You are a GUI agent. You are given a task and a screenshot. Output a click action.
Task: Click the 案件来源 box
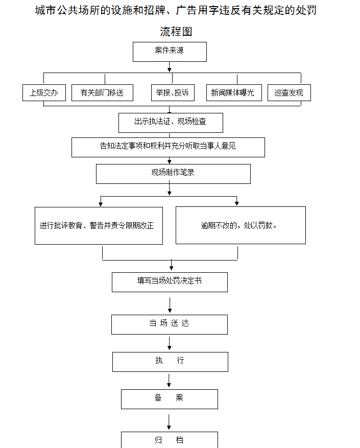pos(170,51)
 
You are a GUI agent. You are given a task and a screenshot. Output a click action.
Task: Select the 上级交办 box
pos(44,92)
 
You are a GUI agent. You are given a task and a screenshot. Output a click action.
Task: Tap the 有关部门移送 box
pos(102,92)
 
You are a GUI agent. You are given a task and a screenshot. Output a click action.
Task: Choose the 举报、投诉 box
pos(173,92)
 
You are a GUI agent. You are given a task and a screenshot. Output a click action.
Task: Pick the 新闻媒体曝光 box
pos(232,92)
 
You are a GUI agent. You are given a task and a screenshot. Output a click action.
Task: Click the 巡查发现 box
pos(289,92)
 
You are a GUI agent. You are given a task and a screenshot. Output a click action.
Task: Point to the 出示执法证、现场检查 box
pos(171,122)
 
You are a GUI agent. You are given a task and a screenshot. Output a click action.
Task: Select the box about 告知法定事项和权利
pos(168,147)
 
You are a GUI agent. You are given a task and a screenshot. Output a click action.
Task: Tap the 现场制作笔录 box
pos(173,173)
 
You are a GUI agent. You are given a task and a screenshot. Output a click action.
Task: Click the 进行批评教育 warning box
pos(99,225)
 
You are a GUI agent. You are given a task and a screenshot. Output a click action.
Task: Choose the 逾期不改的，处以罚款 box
pos(241,225)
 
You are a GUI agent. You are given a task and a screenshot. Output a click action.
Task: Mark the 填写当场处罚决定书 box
pos(170,281)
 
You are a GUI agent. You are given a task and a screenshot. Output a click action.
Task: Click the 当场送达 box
pos(170,324)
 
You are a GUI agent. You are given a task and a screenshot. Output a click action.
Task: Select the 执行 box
pos(170,361)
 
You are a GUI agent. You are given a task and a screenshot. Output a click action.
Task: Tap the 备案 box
pos(169,398)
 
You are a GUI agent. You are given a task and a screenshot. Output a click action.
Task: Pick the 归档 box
pos(169,440)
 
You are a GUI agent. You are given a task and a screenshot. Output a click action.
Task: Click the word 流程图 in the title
pos(176,32)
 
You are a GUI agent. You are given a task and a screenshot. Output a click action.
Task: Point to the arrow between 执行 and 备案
pos(169,380)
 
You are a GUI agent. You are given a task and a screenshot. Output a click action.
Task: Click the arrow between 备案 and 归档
pos(169,421)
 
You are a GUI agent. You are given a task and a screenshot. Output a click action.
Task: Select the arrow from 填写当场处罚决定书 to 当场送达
pos(170,304)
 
